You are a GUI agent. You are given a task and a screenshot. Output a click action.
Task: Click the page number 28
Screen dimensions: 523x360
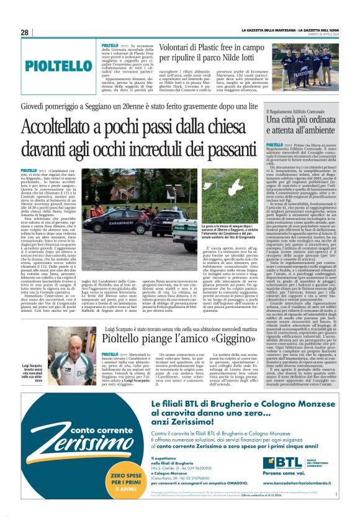25,32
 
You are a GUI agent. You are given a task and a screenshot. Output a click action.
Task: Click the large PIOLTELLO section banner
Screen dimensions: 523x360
59,65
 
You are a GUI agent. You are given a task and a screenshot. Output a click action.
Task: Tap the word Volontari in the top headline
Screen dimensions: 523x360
171,47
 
